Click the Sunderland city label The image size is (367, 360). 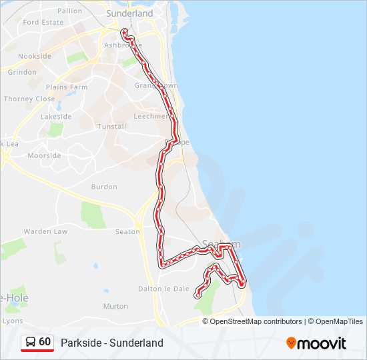[x=129, y=13]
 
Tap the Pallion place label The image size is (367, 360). [x=69, y=11]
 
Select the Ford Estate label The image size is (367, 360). [x=43, y=22]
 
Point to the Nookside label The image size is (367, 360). [x=35, y=57]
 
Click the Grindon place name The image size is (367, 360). [x=23, y=72]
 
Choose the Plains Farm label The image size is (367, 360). [x=67, y=87]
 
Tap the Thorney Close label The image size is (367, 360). [x=29, y=99]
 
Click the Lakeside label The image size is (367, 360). [x=55, y=116]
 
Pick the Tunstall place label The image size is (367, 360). [x=111, y=126]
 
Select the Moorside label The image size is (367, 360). [x=44, y=155]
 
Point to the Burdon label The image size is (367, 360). [x=104, y=187]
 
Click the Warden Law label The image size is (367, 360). [x=45, y=231]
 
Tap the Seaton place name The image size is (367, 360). [x=127, y=231]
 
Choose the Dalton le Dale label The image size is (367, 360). [x=163, y=289]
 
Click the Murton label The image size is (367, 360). [x=115, y=306]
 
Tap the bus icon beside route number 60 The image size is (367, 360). [x=31, y=342]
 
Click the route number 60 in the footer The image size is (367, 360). [x=45, y=342]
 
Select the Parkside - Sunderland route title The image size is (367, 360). [x=111, y=343]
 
